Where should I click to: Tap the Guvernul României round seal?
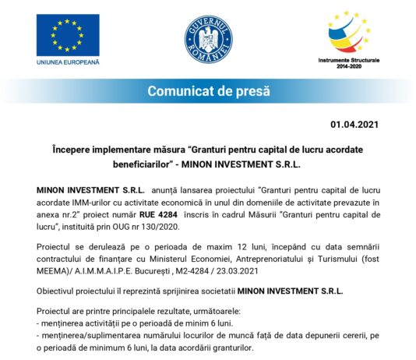207,40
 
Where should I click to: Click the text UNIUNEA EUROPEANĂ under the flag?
68,62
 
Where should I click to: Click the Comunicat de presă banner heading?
208,91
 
